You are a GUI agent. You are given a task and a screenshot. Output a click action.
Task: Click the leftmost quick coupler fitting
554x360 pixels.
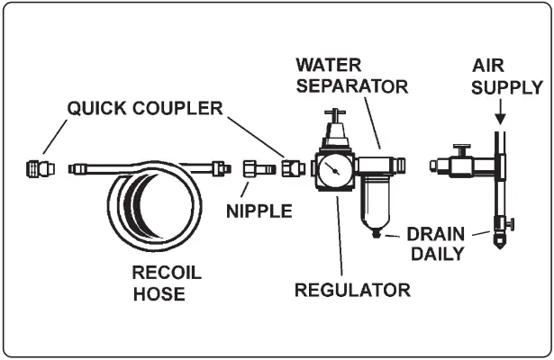[x=39, y=167]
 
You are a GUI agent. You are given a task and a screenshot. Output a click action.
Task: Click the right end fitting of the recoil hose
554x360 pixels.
[x=216, y=166]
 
